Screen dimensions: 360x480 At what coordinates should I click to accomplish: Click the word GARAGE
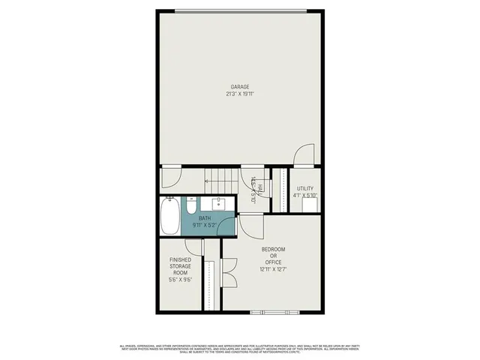pos(241,87)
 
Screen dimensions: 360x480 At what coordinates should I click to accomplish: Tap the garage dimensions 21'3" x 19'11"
pos(241,94)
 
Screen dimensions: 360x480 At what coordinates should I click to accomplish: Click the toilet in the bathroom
pos(191,205)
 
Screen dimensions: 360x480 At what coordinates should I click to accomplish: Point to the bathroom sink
pos(220,203)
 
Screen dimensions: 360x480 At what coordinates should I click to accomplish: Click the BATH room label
pos(205,217)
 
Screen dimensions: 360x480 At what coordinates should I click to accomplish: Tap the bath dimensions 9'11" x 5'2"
pos(205,224)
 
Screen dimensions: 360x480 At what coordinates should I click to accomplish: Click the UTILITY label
pos(304,188)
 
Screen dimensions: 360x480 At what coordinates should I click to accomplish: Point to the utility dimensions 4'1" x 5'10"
pos(304,196)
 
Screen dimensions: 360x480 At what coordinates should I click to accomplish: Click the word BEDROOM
pos(273,249)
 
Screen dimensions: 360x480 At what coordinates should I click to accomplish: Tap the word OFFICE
pos(273,262)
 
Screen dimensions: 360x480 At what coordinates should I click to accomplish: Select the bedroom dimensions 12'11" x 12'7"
pos(273,268)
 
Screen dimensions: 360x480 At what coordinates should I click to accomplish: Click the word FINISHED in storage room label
pos(180,259)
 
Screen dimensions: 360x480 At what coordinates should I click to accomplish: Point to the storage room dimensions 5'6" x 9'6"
pos(180,280)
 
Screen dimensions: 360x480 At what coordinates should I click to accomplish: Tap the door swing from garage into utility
pos(304,154)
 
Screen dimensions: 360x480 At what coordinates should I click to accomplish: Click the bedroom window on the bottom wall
pos(275,310)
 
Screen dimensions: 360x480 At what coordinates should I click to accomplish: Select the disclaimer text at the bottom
pos(240,348)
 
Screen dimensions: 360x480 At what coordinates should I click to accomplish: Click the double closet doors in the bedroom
pos(229,274)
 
